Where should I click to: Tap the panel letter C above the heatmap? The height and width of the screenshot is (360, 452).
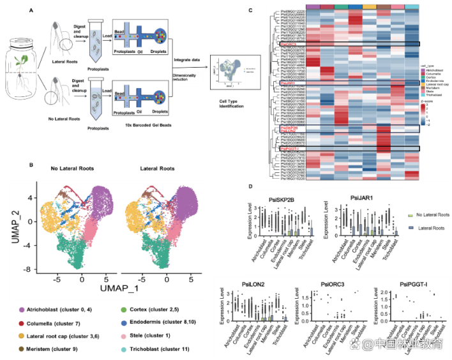250,10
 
